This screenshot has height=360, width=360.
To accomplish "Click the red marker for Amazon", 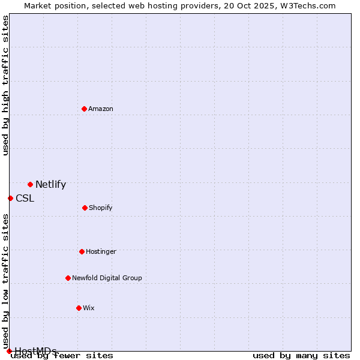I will click(84, 109).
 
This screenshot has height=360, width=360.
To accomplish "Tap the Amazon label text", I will click(101, 109).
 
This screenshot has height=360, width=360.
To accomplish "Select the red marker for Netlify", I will click(30, 184).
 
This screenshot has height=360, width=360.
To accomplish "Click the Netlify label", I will click(50, 185).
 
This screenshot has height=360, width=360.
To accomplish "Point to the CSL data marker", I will click(10, 198).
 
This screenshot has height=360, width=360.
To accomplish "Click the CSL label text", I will click(25, 199).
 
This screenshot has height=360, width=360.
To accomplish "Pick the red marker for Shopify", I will click(85, 208).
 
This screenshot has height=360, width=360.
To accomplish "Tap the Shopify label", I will click(101, 208).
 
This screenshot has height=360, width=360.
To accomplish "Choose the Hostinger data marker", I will click(82, 251).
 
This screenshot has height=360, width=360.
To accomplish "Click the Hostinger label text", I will click(101, 251).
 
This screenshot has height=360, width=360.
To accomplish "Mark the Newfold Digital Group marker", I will click(68, 278).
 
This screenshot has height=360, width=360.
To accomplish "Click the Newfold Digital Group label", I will click(107, 278).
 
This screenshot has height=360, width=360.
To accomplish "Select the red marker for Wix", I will click(79, 308).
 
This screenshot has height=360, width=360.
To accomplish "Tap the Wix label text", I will click(89, 308).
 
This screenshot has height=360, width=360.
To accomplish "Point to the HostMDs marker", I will click(9, 351).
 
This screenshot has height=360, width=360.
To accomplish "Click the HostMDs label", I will click(35, 351).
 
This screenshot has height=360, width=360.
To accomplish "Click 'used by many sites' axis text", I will click(301, 356).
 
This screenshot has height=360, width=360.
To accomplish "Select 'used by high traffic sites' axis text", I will click(5, 85).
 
